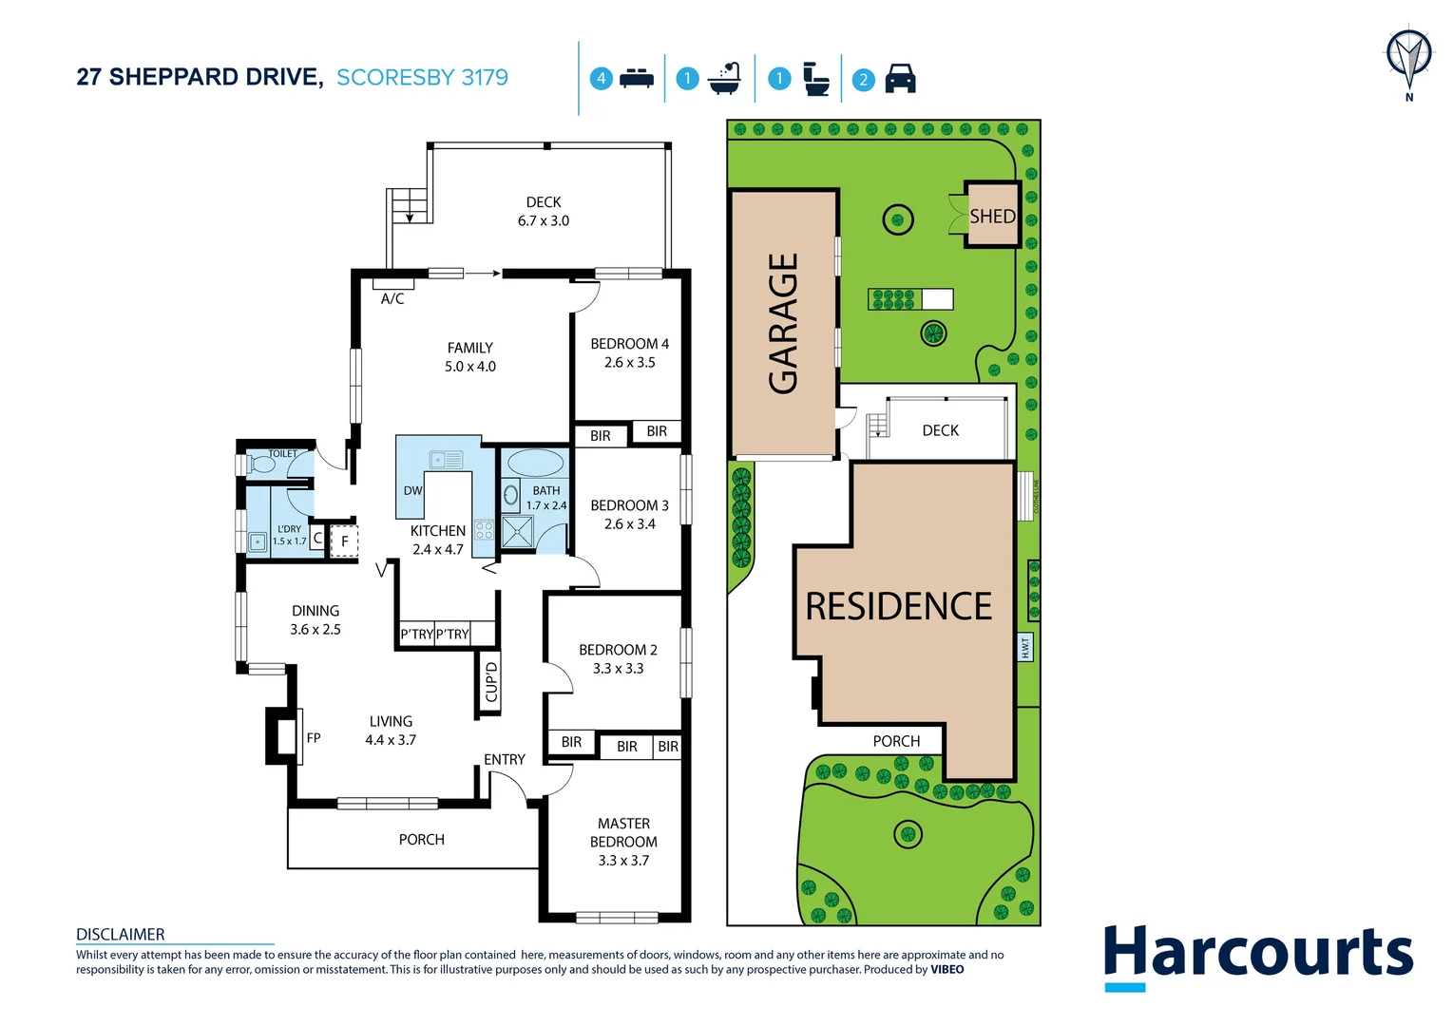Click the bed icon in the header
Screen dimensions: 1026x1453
coord(636,79)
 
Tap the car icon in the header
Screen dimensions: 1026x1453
coord(900,79)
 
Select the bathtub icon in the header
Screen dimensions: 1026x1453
coord(725,78)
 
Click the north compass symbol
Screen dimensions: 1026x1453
coord(1408,57)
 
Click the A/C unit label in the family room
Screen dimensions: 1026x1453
coord(392,298)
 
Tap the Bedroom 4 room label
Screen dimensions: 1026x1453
coord(629,352)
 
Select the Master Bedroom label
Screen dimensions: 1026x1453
coord(623,842)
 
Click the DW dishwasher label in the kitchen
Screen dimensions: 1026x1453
coord(412,491)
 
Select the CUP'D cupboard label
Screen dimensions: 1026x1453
coord(490,682)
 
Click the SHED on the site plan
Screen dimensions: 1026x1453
coord(992,216)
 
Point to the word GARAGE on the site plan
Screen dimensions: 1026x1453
coord(783,323)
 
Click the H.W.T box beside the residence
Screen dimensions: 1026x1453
coord(1024,648)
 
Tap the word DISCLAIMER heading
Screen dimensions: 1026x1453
coord(121,934)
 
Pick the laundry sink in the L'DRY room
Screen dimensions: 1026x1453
coord(258,542)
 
